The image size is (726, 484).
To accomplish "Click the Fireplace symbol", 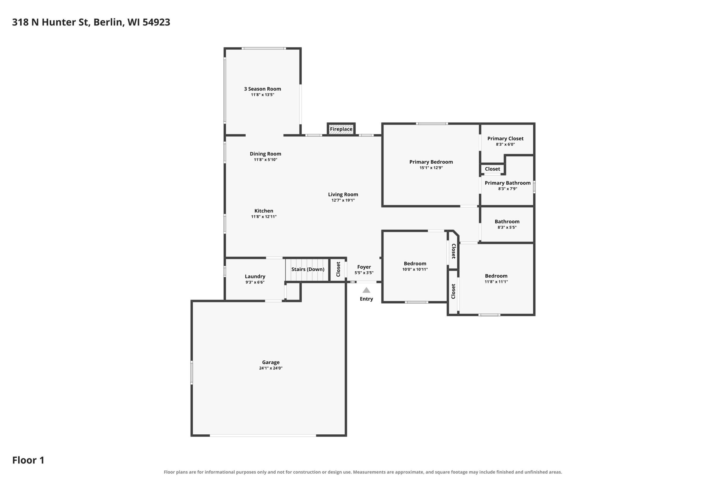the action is [341, 129].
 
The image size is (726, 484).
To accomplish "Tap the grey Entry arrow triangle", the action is [366, 290].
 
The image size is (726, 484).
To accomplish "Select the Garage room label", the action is [271, 362].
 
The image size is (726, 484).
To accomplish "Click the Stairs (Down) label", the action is [308, 269].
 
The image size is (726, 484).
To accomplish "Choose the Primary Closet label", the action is [505, 139].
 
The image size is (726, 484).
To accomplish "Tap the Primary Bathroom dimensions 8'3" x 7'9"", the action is [507, 189].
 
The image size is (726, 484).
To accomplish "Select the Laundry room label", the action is [255, 276].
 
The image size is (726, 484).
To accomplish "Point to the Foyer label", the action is [364, 267].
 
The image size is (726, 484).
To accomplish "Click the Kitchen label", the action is [264, 211].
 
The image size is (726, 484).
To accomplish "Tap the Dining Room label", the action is [265, 154].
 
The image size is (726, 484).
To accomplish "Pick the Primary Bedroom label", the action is [431, 162].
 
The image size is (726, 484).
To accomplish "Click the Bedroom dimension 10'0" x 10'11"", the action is [415, 269].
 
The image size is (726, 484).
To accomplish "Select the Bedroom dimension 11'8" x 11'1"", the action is [496, 282].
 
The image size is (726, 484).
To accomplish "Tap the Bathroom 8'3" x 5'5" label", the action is [507, 224].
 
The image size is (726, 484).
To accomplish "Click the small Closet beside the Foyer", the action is [338, 269].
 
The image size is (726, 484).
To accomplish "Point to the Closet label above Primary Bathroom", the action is [492, 169].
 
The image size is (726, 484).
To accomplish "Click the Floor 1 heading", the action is [28, 460].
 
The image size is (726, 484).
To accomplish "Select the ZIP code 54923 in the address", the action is [156, 22].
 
